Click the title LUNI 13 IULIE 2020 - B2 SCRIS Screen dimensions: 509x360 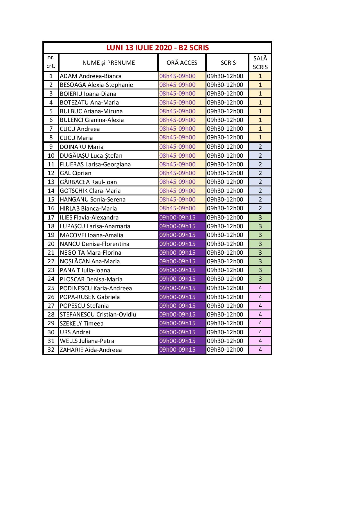157,48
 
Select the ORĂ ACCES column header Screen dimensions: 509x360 182,63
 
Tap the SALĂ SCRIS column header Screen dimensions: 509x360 260,63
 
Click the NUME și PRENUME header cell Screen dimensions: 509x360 109,63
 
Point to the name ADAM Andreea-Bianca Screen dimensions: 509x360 91,76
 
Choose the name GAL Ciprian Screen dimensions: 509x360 75,173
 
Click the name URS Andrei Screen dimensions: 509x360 75,332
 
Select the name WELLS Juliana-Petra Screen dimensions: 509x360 87,341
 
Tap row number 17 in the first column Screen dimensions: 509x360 51,217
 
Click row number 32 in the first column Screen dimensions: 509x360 51,350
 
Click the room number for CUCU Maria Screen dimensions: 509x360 260,137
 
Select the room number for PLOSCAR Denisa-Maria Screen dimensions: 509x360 260,279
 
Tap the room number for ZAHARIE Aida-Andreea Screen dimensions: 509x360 260,350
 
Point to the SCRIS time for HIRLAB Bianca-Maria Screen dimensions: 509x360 225,208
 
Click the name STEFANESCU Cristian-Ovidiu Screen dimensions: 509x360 98,314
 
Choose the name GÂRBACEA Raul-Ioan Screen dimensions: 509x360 88,182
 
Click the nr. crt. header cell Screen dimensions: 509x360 51,62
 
